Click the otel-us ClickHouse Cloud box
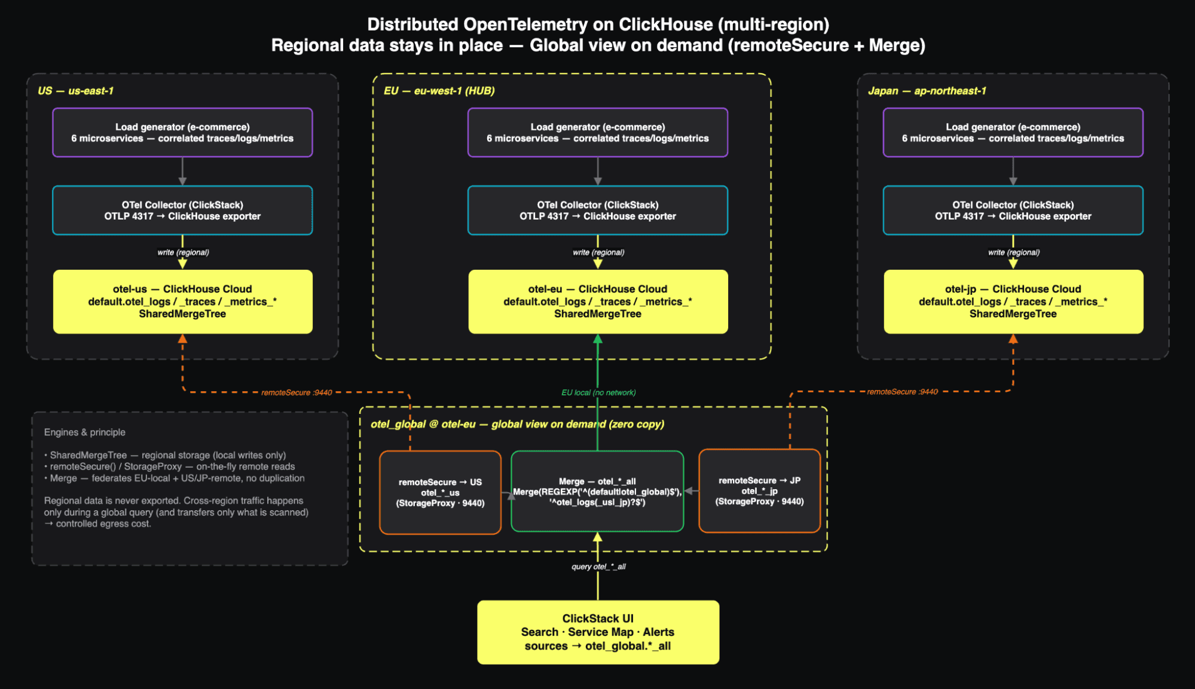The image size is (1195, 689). pos(182,301)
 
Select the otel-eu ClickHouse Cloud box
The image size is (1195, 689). pos(598,301)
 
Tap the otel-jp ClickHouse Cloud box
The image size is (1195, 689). pos(1013,301)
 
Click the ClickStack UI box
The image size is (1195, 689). pos(598,632)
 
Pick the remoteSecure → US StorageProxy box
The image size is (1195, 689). pos(440,492)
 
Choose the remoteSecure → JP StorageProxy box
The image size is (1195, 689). pos(759,490)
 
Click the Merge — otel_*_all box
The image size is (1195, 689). pos(597,491)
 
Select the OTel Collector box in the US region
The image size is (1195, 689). pos(182,211)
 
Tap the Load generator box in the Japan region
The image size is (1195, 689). pos(1013,133)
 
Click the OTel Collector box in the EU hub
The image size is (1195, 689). pos(598,211)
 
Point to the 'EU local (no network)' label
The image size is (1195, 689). pos(598,392)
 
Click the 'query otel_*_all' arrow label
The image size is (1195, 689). pos(598,566)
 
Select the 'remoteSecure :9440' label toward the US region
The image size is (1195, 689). pos(297,392)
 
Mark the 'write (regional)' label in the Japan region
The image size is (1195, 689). pos(1014,252)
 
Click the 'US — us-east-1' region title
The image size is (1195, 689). pos(75,91)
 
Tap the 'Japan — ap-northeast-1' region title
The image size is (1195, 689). pos(927,91)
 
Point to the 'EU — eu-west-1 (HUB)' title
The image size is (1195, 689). pos(439,91)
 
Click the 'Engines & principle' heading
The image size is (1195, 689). pos(85,432)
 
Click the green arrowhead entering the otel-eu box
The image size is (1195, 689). pos(598,339)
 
